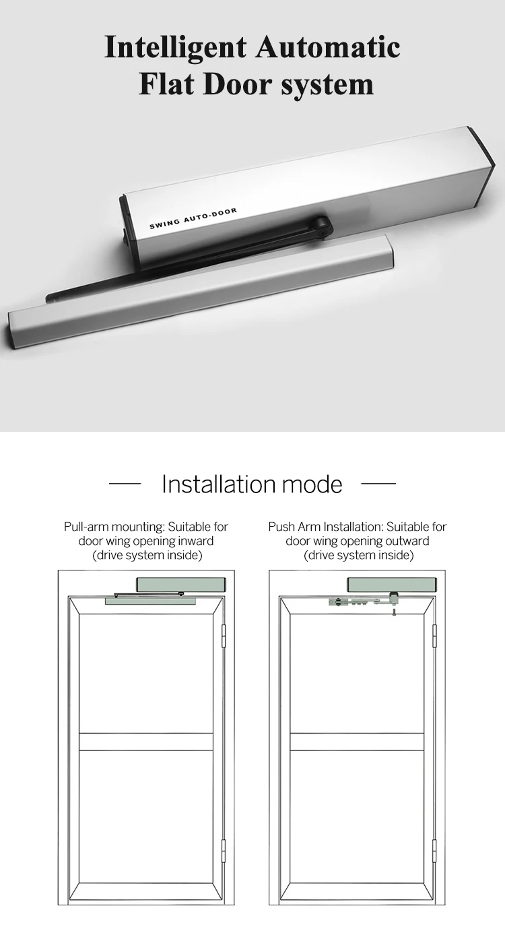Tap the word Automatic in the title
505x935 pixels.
pos(328,46)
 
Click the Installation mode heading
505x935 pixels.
pos(252,484)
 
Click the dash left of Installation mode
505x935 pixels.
pos(125,484)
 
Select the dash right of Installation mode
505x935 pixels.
pos(378,484)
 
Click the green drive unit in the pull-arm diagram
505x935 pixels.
pos(181,585)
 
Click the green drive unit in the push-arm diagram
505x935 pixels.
pos(393,585)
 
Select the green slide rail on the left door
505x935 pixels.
pos(150,601)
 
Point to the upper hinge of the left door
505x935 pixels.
pos(224,635)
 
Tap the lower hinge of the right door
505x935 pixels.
pos(434,850)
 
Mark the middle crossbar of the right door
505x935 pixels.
pos(357,741)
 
